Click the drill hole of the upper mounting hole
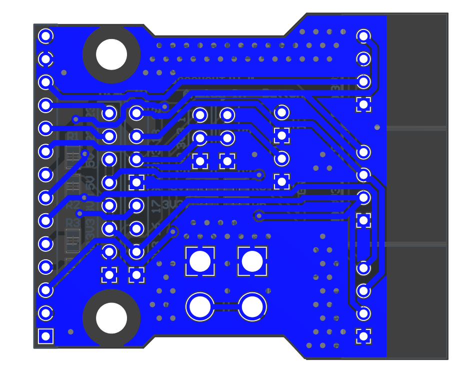tap(111, 54)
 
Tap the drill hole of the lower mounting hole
tap(111, 318)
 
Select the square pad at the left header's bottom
tap(45, 336)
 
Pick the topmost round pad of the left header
tap(45, 36)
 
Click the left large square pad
tap(200, 261)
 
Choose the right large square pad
tap(252, 261)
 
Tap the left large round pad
tap(200, 307)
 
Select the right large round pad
tap(252, 307)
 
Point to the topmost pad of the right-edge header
tap(363, 36)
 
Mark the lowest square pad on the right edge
tap(363, 336)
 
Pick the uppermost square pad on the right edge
tap(363, 104)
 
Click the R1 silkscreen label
tap(72, 136)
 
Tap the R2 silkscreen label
tap(72, 205)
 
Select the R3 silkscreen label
tap(72, 222)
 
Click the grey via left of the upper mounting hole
tap(64, 73)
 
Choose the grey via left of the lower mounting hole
tap(70, 331)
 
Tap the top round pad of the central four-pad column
tap(282, 112)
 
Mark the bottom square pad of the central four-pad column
tap(282, 181)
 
